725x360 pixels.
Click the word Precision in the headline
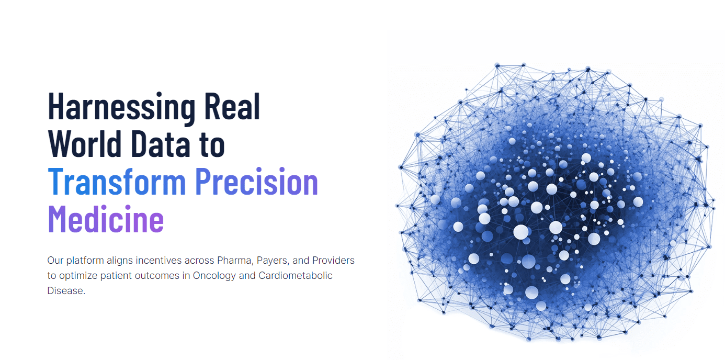click(256, 182)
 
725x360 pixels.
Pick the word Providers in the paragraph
click(334, 260)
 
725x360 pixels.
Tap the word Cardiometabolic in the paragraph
click(296, 275)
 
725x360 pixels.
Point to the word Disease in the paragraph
click(65, 290)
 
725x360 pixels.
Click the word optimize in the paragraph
click(77, 275)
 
